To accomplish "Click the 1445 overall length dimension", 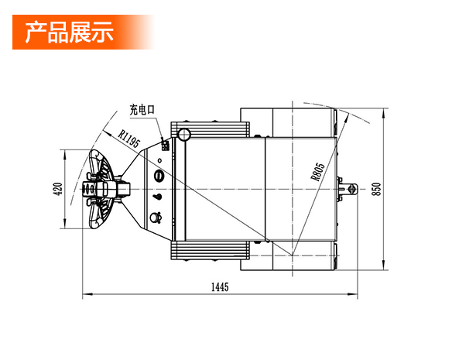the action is (220, 287).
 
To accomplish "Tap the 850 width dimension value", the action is (376, 189).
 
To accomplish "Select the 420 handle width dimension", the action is (58, 189).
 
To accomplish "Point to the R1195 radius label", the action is (129, 139).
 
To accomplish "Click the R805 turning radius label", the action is (317, 172).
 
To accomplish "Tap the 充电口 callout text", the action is (142, 110).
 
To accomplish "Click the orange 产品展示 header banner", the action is (84, 32).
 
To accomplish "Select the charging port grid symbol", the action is (165, 145).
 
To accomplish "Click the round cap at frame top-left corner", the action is (184, 134).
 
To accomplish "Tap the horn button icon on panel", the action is (156, 218).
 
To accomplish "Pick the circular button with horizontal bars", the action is (158, 175).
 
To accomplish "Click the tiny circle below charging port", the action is (160, 160).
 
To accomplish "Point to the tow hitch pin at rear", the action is (351, 189).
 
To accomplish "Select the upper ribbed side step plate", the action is (211, 129).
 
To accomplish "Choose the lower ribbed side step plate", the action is (211, 251).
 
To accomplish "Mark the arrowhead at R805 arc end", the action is (346, 118).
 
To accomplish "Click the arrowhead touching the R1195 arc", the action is (107, 132).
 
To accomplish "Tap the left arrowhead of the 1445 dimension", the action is (87, 294).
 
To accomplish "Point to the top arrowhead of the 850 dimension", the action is (383, 113).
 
